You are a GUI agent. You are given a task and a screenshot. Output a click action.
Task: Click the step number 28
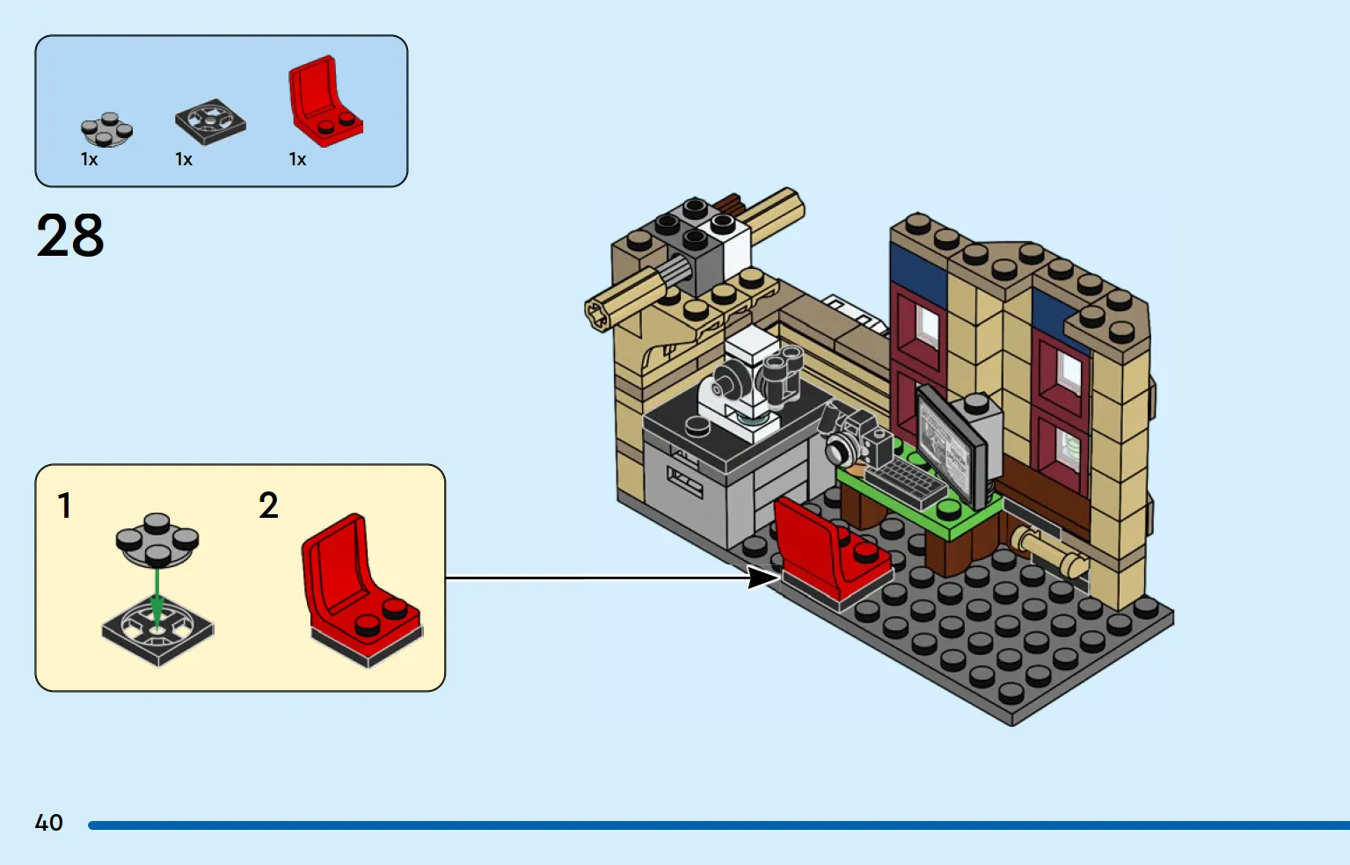point(69,235)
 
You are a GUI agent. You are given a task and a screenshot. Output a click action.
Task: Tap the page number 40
point(49,823)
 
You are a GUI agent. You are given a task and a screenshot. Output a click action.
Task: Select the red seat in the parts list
point(325,101)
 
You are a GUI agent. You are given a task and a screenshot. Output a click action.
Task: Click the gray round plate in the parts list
point(106,129)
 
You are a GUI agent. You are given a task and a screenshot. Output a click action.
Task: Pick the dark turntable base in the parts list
point(210,121)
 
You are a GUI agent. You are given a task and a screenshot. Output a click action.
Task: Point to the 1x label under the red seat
point(298,160)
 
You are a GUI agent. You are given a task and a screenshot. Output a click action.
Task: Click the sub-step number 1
point(64,505)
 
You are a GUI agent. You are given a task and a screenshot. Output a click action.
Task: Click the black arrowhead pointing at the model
point(762,578)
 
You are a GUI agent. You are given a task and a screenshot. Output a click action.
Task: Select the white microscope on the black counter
point(745,386)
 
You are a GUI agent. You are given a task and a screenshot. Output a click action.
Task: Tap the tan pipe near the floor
point(1049,551)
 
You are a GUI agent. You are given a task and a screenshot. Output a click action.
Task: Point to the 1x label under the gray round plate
point(89,160)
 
